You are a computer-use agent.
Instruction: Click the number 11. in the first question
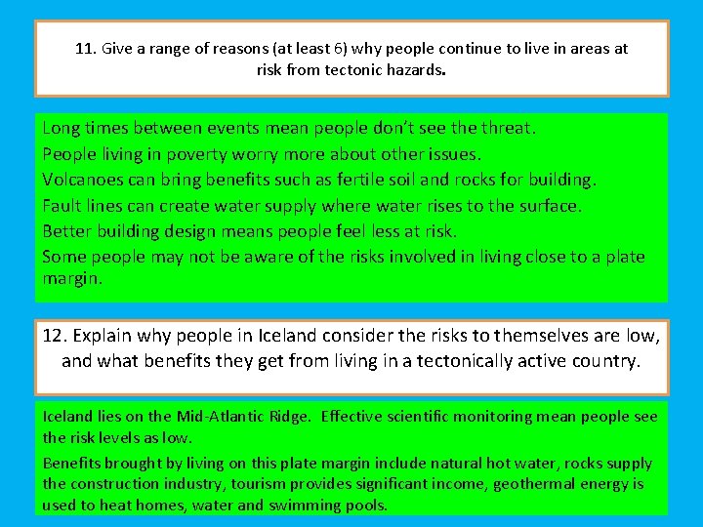(x=86, y=49)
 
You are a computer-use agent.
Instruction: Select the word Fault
(x=62, y=206)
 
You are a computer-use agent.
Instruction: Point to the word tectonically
(x=459, y=361)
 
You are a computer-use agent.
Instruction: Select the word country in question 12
(x=605, y=361)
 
